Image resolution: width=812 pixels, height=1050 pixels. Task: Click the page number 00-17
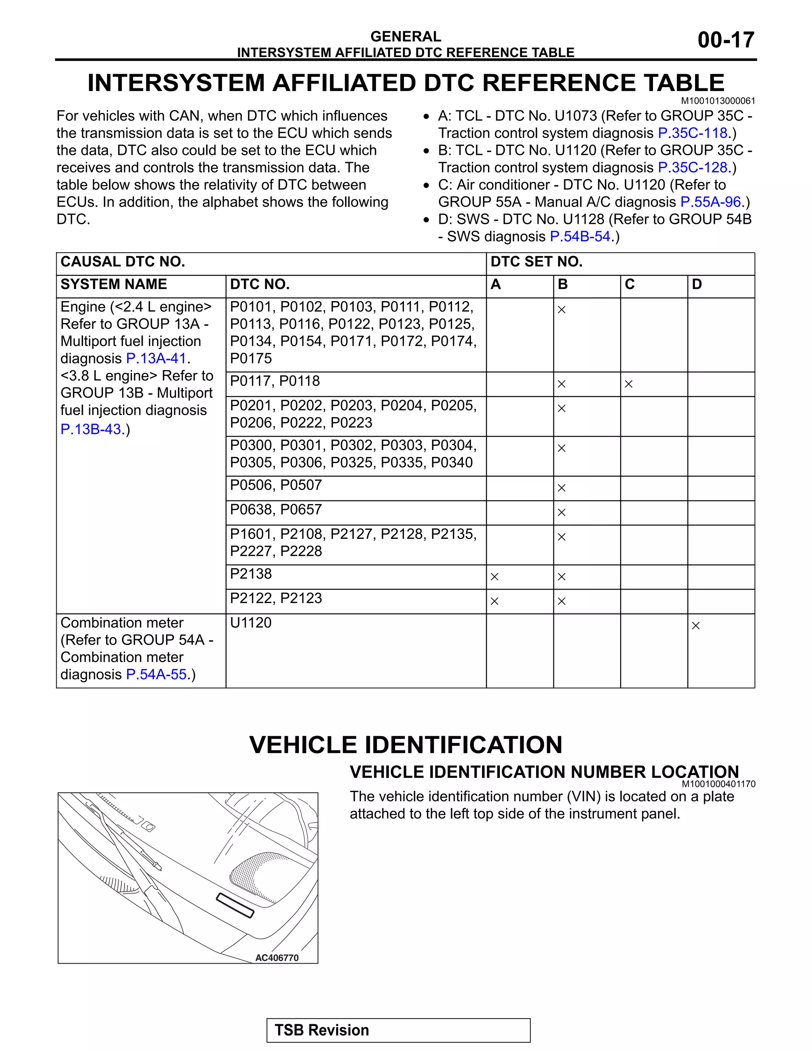tap(726, 40)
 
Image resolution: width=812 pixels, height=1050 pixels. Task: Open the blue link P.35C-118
tap(692, 133)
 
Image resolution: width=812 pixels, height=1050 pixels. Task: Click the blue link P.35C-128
tap(692, 168)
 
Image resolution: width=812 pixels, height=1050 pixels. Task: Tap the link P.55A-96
tap(710, 202)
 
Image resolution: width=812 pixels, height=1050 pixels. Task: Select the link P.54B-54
tap(580, 237)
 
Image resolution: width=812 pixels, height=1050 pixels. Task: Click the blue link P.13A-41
tap(156, 359)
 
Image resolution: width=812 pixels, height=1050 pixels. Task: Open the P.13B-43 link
tap(90, 430)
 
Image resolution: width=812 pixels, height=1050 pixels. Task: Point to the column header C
tap(629, 284)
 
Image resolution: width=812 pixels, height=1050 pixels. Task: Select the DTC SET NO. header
tap(536, 262)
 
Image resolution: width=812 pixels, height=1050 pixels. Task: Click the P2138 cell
tap(251, 574)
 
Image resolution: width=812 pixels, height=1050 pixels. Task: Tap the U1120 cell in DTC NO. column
tap(251, 623)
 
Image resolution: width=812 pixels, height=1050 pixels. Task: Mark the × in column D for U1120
tap(695, 626)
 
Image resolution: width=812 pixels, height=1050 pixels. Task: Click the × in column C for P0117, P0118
tap(628, 384)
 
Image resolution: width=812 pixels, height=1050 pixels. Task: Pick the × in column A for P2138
tap(494, 577)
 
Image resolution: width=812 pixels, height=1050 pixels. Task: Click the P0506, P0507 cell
tap(276, 485)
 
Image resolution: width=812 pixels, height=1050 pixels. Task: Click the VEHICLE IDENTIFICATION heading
tap(406, 745)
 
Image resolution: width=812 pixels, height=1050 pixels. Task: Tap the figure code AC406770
tap(277, 958)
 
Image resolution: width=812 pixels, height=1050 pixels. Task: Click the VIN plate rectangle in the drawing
tap(235, 905)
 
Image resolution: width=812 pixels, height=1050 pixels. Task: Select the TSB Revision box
tap(398, 1030)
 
